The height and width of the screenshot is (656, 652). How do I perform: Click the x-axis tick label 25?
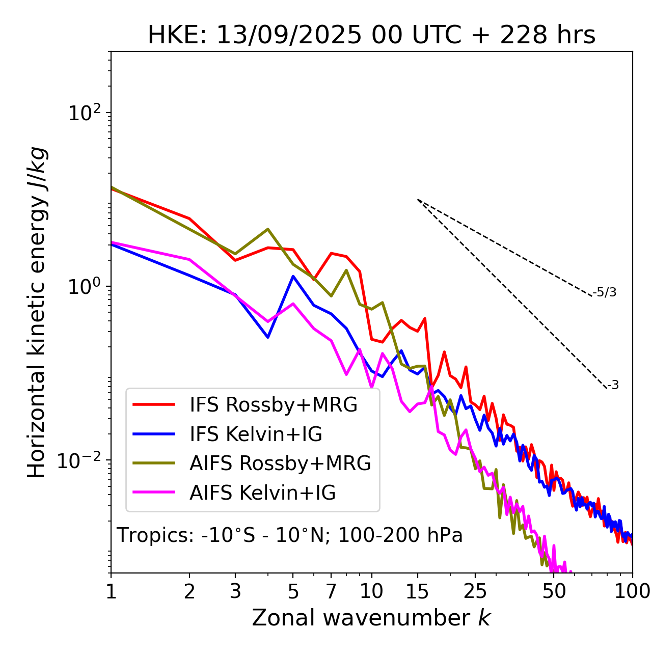point(475,591)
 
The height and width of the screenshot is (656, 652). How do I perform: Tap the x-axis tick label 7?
point(331,591)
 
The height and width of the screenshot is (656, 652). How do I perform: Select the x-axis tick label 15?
point(418,591)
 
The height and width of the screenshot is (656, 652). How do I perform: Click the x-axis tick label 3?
point(235,591)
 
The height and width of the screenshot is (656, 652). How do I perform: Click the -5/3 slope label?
point(605,292)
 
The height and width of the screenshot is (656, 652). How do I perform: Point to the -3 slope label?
point(613,386)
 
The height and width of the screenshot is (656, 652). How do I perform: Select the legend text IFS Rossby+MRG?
point(274,404)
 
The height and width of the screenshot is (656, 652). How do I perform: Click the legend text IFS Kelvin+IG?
point(256,434)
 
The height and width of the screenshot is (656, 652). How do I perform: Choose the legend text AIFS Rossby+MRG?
point(280,463)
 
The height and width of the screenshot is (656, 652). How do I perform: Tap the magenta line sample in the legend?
point(154,493)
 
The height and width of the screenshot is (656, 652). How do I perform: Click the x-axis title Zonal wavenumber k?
point(371,618)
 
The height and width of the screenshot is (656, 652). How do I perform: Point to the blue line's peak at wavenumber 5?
point(293,276)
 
